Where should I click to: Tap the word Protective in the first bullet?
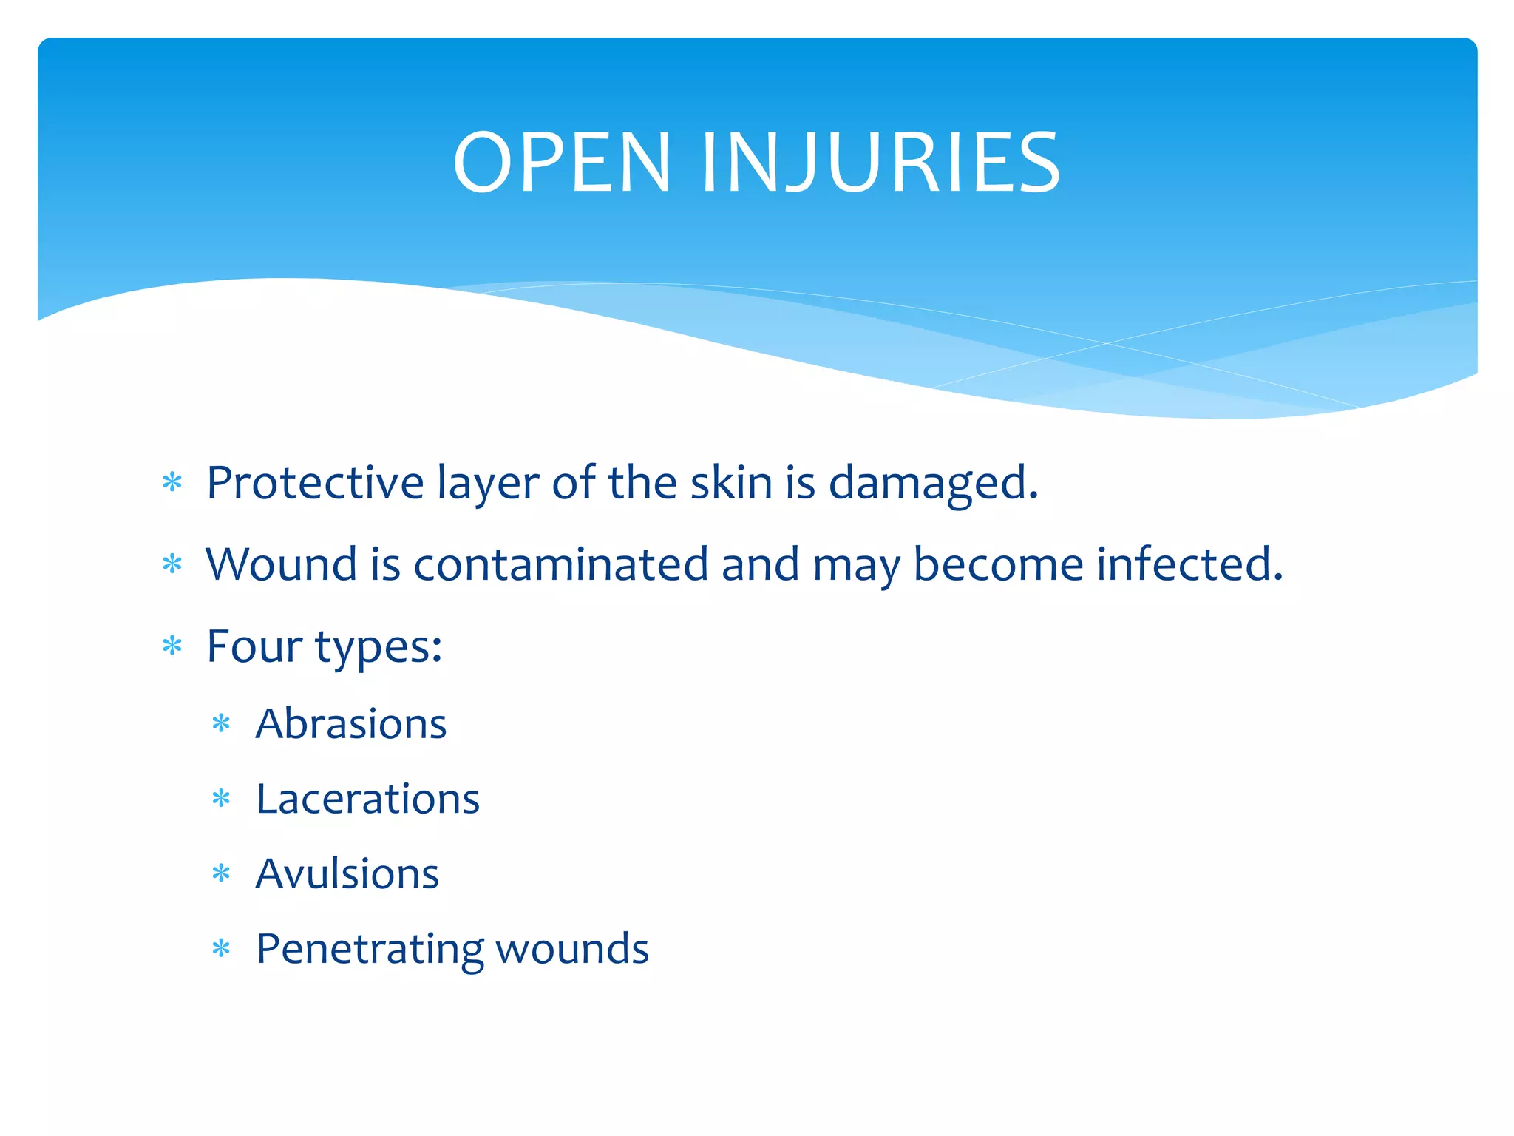[x=315, y=483]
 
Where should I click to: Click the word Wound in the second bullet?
[x=281, y=564]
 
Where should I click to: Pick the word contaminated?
[x=560, y=564]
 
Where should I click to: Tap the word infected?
[x=1189, y=564]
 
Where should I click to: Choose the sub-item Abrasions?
[x=351, y=723]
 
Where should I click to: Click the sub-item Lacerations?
[x=367, y=799]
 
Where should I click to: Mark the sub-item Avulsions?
[x=347, y=873]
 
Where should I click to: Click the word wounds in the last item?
[x=571, y=949]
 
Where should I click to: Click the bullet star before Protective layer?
[x=172, y=483]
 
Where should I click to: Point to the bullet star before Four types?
[x=172, y=646]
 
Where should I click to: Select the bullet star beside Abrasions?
[x=221, y=723]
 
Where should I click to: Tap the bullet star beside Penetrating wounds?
[x=221, y=948]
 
